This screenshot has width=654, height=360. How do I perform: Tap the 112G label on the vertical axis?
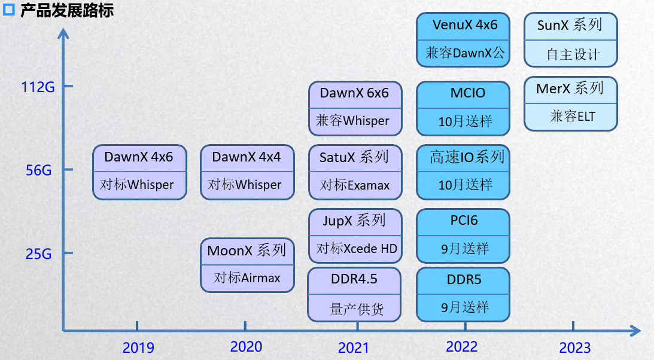point(38,87)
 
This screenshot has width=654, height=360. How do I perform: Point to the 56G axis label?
point(39,170)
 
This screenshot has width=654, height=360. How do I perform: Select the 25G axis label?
point(39,254)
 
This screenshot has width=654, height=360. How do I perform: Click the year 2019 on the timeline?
point(138,347)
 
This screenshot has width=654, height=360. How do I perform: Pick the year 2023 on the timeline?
point(574,347)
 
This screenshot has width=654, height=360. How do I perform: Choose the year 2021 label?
point(354,347)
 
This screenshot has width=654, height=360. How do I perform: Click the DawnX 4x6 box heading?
point(139,157)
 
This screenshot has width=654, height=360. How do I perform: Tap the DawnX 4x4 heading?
point(247,157)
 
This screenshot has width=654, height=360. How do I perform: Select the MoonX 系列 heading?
point(247,250)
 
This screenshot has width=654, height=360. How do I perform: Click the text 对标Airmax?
point(247,278)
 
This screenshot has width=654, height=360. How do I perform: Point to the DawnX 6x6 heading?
point(354,93)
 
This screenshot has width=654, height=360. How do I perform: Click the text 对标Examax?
point(355,185)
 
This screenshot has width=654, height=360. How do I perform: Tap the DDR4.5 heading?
point(354,279)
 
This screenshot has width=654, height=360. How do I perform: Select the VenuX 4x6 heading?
point(465,25)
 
